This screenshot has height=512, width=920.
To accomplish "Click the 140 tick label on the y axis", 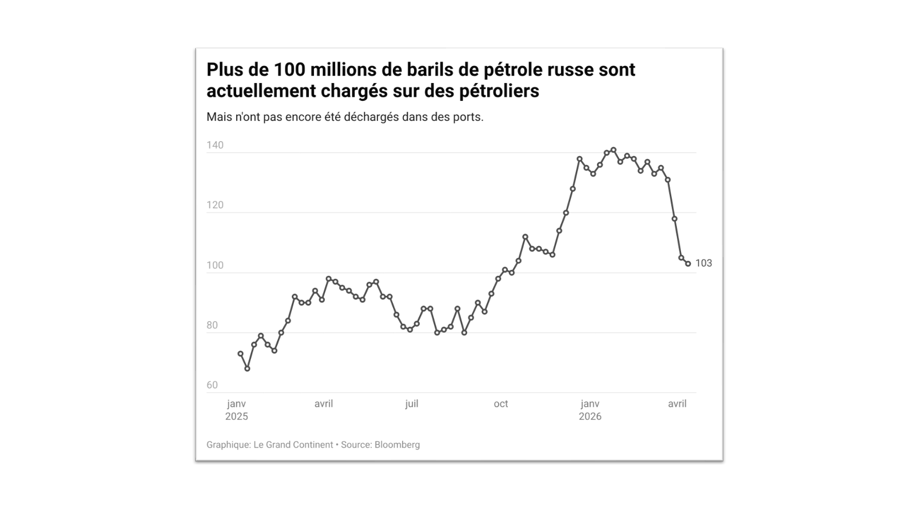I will click(x=215, y=145).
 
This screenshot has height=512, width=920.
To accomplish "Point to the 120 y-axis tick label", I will click(x=215, y=205).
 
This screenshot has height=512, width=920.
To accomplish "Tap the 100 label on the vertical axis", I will click(x=215, y=265).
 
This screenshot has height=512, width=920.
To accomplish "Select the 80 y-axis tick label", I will click(x=212, y=325).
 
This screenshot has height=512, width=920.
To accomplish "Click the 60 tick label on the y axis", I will click(x=212, y=385).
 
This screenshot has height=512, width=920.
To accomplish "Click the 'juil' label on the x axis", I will click(x=412, y=404).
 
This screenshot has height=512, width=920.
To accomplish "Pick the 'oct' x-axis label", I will click(x=501, y=404).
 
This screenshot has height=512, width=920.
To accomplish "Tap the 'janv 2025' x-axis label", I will click(x=237, y=410).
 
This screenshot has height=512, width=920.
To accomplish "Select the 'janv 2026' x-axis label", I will click(x=590, y=410).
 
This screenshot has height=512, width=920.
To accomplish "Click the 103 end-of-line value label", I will click(x=704, y=264).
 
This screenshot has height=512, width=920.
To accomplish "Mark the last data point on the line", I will click(x=688, y=264).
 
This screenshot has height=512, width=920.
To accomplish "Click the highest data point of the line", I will click(x=613, y=150).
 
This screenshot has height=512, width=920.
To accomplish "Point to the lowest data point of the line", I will click(x=247, y=369).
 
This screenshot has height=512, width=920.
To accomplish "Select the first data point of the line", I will click(x=240, y=354).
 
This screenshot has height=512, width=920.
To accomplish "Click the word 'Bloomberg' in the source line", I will click(x=397, y=445).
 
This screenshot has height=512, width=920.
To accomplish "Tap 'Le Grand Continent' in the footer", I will click(x=293, y=445).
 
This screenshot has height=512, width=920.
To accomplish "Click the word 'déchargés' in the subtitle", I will click(x=371, y=117).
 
